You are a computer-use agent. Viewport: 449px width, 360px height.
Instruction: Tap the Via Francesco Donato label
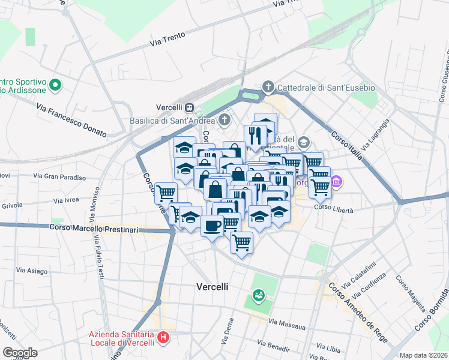click(x=71, y=119)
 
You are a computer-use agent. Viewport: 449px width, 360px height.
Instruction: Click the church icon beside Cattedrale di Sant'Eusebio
click(x=268, y=88)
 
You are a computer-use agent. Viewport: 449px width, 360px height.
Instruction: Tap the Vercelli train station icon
click(x=190, y=107)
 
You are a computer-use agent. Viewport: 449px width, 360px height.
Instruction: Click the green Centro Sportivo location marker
click(x=56, y=85)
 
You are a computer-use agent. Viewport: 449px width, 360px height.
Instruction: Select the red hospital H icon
click(x=162, y=338)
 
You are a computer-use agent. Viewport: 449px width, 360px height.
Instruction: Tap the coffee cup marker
click(x=211, y=226)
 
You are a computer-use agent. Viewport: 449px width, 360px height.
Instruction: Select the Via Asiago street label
click(x=32, y=271)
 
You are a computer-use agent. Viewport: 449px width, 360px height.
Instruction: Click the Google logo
click(x=20, y=352)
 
